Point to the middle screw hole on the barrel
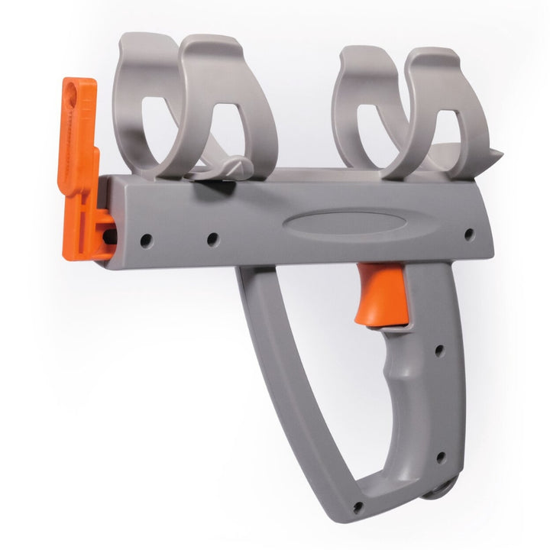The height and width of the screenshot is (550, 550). coord(212,239)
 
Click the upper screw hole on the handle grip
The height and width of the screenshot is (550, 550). coord(439,351)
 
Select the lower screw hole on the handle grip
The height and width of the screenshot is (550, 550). coord(439,458)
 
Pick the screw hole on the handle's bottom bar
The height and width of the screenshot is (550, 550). coord(357,506)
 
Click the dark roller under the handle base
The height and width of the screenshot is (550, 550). coord(444,490)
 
